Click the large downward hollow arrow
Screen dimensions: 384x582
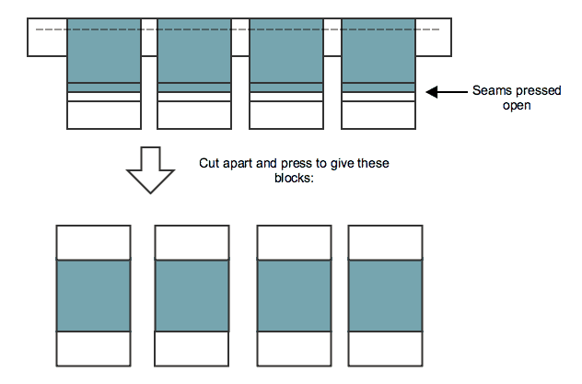(150, 169)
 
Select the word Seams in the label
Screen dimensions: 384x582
(490, 91)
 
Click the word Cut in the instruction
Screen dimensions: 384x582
(209, 163)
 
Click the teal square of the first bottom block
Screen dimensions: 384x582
(94, 296)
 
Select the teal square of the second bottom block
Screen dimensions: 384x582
(192, 296)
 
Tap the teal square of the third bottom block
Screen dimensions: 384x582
(293, 296)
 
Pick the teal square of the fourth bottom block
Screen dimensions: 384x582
(385, 296)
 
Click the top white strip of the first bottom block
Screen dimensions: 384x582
(94, 243)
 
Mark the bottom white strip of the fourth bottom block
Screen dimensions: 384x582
(385, 349)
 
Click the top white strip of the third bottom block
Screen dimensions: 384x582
(293, 243)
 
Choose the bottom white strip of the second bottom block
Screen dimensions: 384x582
(192, 349)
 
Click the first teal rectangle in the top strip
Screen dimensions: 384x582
(104, 51)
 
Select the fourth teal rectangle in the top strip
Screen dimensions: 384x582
(378, 51)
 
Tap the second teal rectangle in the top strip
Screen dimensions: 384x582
(194, 51)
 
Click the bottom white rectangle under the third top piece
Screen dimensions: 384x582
(286, 114)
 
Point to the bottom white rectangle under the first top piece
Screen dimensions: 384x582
(104, 114)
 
